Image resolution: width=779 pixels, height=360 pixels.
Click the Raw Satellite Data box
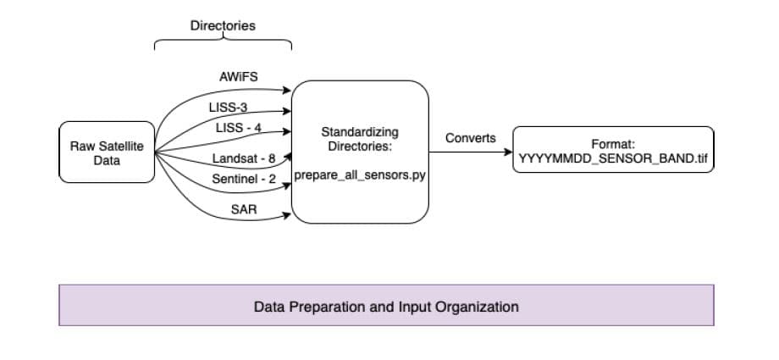107,152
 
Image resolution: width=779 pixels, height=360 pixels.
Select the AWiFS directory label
238,77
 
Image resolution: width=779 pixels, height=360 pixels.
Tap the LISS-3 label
227,108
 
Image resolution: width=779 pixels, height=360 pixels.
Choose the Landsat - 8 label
245,158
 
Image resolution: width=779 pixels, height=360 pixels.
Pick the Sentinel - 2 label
244,180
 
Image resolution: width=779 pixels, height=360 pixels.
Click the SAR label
244,208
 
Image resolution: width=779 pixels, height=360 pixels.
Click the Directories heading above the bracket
223,26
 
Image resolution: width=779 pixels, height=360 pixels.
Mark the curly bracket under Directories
223,43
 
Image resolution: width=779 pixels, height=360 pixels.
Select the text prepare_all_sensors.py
359,175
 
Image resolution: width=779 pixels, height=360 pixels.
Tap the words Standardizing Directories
360,139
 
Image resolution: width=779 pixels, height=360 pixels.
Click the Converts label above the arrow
470,138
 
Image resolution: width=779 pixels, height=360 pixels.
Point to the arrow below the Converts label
470,152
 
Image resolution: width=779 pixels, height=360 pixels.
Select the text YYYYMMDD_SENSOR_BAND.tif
613,158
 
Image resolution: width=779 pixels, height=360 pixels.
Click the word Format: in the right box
612,145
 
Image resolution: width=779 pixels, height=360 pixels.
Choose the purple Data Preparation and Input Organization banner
386,305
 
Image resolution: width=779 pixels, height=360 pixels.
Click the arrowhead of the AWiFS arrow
287,88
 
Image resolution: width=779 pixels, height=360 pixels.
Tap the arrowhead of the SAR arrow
287,217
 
